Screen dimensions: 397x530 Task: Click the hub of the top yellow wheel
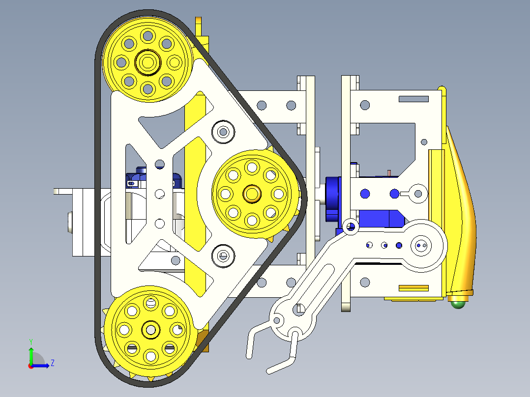[147, 62]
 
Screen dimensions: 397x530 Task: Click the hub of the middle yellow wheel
[252, 193]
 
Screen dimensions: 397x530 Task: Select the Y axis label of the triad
[30, 341]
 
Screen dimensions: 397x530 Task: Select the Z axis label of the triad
[52, 363]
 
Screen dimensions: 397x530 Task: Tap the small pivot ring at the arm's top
[351, 226]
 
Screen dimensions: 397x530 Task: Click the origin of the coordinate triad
[31, 365]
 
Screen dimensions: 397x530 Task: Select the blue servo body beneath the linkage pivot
[383, 218]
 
